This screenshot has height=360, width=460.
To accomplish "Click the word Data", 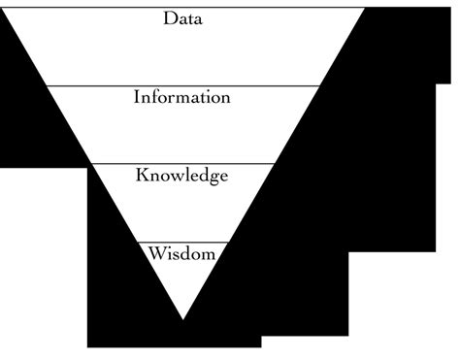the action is pyautogui.click(x=183, y=19).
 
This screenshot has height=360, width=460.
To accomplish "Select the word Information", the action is pyautogui.click(x=182, y=97).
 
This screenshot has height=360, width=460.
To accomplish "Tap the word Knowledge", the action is pyautogui.click(x=182, y=177).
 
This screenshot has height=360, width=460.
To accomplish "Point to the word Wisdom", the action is pyautogui.click(x=182, y=254).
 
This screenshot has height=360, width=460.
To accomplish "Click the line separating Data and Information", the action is pyautogui.click(x=182, y=85).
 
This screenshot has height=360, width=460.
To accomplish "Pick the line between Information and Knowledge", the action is pyautogui.click(x=182, y=164).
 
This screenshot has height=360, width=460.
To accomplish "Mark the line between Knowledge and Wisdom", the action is pyautogui.click(x=182, y=242).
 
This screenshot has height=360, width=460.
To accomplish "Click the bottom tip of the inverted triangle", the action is pyautogui.click(x=182, y=319).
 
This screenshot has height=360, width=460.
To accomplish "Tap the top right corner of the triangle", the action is pyautogui.click(x=365, y=8).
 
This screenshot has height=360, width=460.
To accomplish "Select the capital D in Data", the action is pyautogui.click(x=169, y=19).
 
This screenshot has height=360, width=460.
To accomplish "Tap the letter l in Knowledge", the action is pyautogui.click(x=189, y=175).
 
